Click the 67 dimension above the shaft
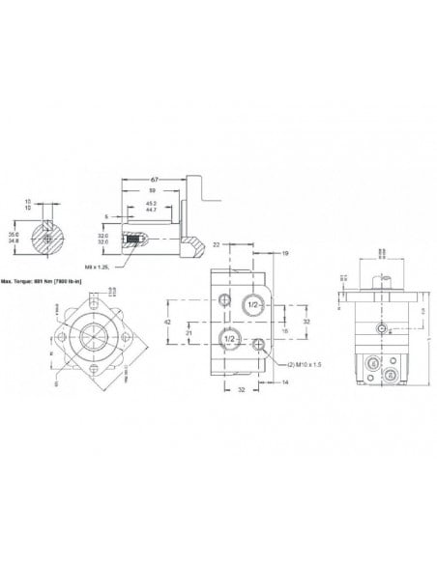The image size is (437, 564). (155, 181)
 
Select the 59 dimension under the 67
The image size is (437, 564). (151, 192)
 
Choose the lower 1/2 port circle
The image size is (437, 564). (231, 337)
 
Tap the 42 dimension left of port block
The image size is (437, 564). (167, 322)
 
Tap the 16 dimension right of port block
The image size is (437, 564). (284, 329)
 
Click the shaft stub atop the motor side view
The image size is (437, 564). (384, 280)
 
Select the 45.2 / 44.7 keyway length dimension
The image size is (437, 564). (150, 207)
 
